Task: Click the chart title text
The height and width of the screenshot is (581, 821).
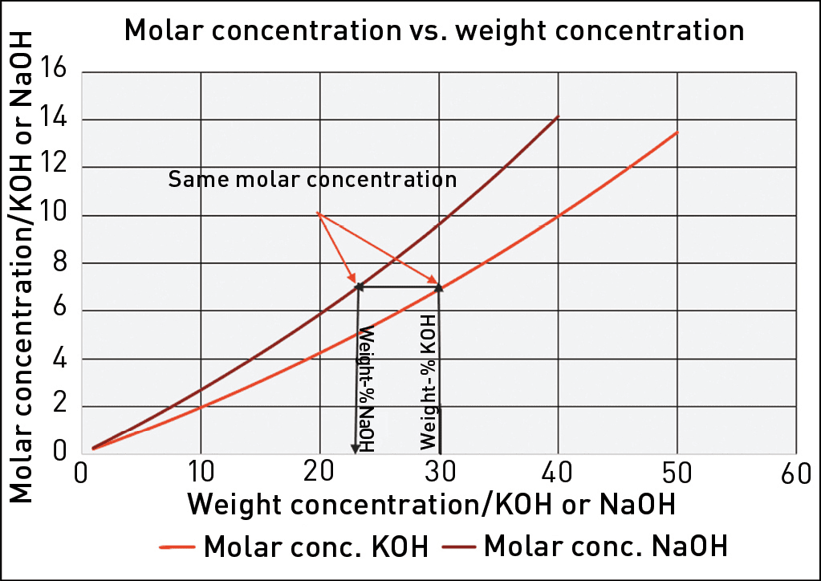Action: click(x=433, y=30)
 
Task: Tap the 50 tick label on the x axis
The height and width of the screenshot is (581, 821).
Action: click(x=678, y=471)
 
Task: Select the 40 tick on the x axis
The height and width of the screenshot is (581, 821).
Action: click(x=559, y=471)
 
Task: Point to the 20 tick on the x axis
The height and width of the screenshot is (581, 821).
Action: click(x=320, y=471)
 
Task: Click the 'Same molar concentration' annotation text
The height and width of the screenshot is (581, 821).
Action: click(x=312, y=178)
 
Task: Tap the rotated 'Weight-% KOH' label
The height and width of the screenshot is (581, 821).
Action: click(x=428, y=381)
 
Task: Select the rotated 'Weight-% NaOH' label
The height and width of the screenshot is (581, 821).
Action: click(x=368, y=388)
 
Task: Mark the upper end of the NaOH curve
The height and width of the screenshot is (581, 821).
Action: click(x=558, y=116)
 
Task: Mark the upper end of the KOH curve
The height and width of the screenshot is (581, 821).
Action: click(x=678, y=132)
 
